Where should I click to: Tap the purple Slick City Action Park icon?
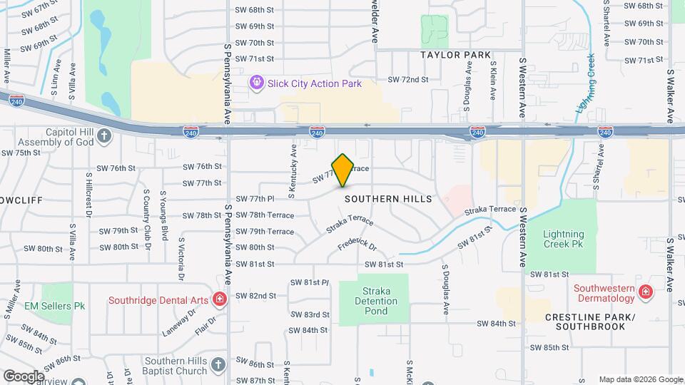(x=257, y=83)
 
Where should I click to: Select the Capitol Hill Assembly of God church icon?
(x=104, y=135)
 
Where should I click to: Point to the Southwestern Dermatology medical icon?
(x=645, y=292)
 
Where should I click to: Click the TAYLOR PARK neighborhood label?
(x=455, y=55)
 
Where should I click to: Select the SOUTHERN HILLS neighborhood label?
(x=388, y=199)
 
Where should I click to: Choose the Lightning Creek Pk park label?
(x=563, y=239)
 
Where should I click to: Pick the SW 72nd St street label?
(x=407, y=80)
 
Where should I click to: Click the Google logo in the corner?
(x=23, y=376)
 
